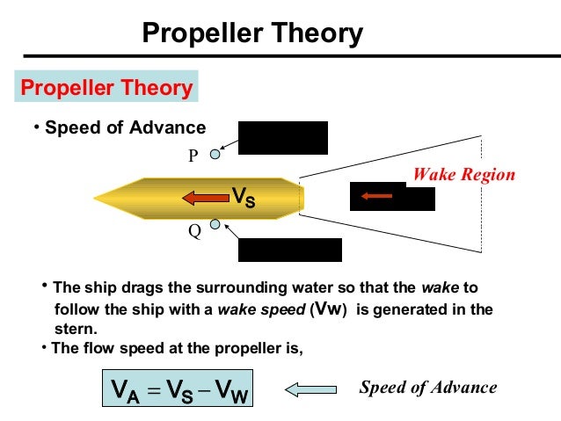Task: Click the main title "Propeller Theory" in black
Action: click(252, 34)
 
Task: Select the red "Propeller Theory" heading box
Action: click(106, 88)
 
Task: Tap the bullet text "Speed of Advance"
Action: click(124, 127)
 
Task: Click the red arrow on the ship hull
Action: click(204, 198)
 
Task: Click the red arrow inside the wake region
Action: click(376, 196)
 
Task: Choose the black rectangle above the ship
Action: click(283, 138)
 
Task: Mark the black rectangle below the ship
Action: click(290, 250)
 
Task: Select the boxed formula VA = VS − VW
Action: click(177, 388)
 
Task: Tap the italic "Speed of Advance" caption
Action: click(428, 388)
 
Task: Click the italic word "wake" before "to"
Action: click(438, 288)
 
